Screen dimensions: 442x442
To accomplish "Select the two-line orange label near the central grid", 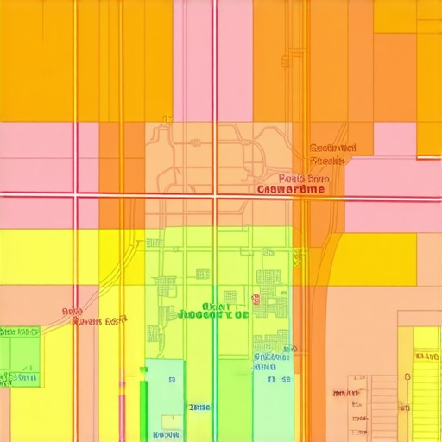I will pyautogui.click(x=327, y=154).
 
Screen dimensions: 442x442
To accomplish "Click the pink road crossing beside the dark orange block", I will pyautogui.click(x=76, y=196).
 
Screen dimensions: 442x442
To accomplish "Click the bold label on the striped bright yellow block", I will pyautogui.click(x=426, y=356).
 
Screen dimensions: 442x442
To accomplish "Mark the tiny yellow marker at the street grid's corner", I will pyautogui.click(x=170, y=118).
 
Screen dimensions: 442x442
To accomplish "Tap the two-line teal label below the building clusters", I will pyautogui.click(x=272, y=361).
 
